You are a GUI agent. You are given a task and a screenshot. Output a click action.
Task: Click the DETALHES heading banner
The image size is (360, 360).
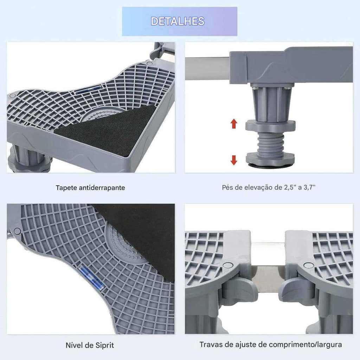click(x=180, y=21)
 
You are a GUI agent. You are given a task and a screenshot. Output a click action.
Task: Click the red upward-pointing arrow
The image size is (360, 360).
click(x=234, y=123)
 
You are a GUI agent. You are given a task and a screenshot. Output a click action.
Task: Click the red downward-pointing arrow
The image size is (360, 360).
click(x=234, y=160)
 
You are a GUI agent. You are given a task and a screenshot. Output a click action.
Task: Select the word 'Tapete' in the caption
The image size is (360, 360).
click(x=66, y=188)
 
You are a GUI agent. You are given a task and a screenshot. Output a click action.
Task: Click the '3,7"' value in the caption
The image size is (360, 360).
click(x=309, y=187)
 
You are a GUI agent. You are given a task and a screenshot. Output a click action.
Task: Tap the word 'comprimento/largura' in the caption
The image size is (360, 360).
click(x=306, y=345)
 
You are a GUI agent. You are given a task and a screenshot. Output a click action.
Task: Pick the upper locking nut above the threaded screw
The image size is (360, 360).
click(x=270, y=126)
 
